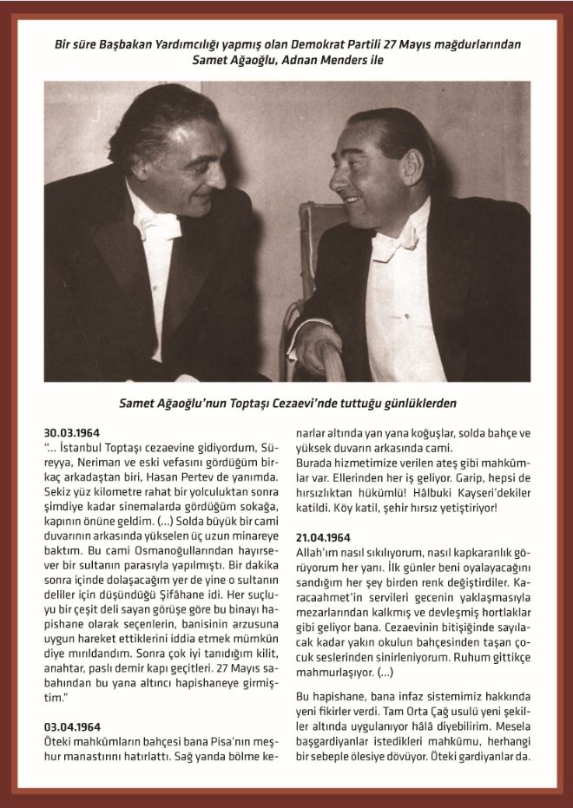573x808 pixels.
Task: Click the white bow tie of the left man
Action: tap(164, 224)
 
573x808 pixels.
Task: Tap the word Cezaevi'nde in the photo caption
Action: tap(330, 404)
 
